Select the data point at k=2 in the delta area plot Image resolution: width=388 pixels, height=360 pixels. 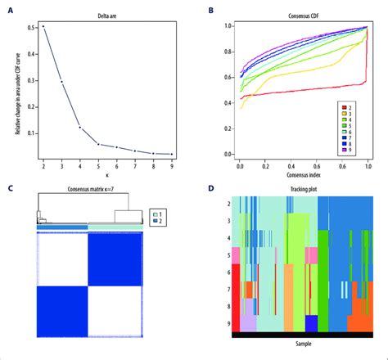pyautogui.click(x=43, y=27)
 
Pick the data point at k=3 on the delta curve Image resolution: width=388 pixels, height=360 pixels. pyautogui.click(x=62, y=81)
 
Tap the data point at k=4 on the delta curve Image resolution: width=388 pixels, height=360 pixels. pyautogui.click(x=80, y=127)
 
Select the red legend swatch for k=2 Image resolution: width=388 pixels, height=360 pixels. pyautogui.click(x=346, y=107)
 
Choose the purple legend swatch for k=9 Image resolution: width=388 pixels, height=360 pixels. pyautogui.click(x=346, y=151)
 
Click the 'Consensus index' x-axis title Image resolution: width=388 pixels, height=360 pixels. pyautogui.click(x=303, y=175)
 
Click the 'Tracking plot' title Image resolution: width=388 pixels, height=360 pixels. pyautogui.click(x=303, y=190)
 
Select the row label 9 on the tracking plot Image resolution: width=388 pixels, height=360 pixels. pyautogui.click(x=228, y=323)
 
